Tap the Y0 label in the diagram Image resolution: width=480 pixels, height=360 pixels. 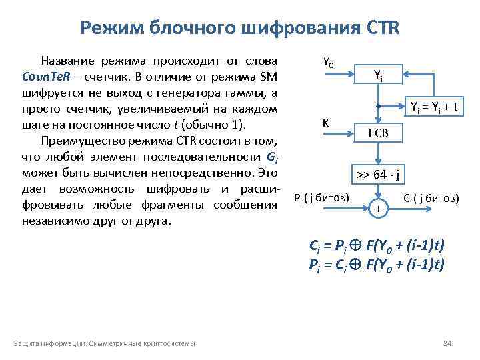(328, 63)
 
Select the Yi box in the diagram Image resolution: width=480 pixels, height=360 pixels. (377, 76)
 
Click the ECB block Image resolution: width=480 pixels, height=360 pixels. (377, 133)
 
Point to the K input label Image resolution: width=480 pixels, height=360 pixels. (325, 123)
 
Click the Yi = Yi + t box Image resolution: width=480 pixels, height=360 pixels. (437, 106)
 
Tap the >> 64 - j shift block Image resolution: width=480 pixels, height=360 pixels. (378, 176)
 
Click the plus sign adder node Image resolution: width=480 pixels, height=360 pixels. (378, 209)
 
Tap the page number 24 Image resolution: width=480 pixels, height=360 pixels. (447, 343)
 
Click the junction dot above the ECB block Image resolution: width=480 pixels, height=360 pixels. (377, 106)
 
